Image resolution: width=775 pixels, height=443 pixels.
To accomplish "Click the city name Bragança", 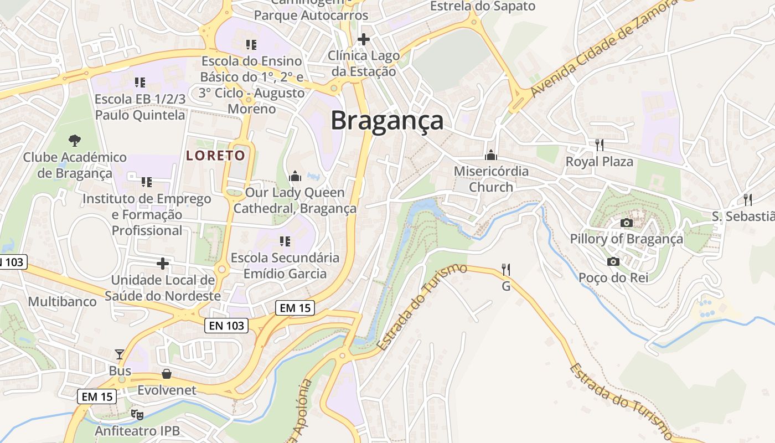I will [387, 121].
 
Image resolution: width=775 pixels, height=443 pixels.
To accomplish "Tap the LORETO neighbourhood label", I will [215, 155].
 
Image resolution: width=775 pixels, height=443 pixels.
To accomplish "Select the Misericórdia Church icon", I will [490, 155].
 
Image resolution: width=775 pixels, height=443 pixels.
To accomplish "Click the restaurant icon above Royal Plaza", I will [599, 145].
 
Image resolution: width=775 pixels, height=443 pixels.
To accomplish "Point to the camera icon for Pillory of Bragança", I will [626, 223].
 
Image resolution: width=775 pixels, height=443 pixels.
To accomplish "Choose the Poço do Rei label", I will [613, 277].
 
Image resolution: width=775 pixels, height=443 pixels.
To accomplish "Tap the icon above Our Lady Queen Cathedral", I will [295, 177].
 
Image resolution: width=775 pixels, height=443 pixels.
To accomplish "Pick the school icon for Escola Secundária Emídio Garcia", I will [285, 241].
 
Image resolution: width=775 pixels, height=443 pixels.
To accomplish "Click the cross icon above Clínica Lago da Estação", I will [363, 39].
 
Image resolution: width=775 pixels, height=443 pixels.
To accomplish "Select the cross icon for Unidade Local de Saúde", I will [163, 264].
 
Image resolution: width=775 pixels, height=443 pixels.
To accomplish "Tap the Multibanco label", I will [62, 302].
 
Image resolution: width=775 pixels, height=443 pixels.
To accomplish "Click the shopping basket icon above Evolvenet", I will [167, 374].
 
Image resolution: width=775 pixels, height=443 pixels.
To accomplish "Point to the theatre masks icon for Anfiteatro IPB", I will [137, 414].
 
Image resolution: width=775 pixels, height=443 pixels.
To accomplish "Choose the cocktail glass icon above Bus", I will [120, 354].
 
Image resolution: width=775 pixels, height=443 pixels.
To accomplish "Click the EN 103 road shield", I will [227, 326].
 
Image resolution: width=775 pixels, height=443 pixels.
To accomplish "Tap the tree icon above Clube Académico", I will [74, 141].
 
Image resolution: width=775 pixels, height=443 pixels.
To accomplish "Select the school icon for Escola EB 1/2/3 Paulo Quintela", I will [140, 83].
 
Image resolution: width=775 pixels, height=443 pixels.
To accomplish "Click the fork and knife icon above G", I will [505, 270].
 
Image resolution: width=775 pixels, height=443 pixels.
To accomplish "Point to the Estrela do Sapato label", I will [483, 7].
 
